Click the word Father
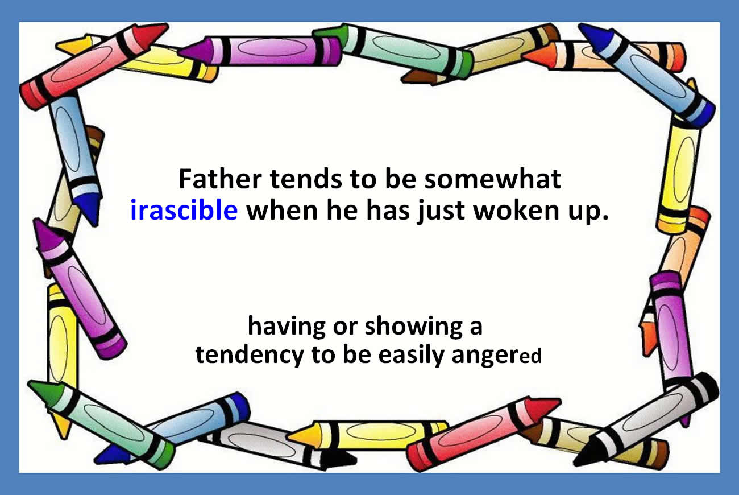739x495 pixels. pos(220,179)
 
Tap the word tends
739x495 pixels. pos(306,179)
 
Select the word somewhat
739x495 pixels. pos(492,179)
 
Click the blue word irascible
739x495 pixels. pos(184,210)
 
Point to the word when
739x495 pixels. pos(282,210)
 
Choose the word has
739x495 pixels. pos(388,210)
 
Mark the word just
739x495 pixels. pos(441,212)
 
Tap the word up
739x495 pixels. pos(584,212)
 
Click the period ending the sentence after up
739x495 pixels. pos(605,217)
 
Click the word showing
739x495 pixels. pos(414,328)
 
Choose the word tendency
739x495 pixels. pos(250,356)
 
